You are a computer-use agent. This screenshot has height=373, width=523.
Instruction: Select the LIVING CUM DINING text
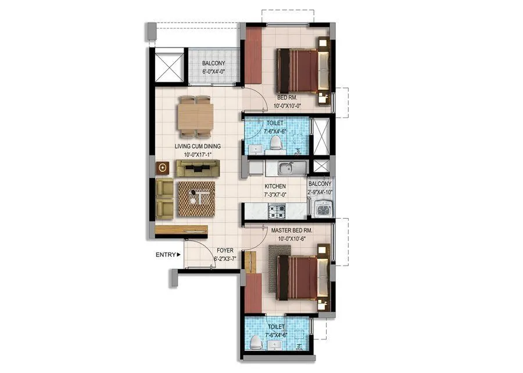198,147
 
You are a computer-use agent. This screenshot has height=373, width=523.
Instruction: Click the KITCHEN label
275,186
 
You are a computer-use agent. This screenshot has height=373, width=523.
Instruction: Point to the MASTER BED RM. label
292,230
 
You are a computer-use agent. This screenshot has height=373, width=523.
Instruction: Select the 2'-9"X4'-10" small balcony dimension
320,192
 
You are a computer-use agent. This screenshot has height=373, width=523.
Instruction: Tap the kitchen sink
286,169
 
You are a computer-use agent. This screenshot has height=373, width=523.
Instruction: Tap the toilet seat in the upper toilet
277,142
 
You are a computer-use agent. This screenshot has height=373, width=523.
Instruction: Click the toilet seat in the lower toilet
254,343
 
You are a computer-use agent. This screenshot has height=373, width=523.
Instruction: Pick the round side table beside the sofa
163,168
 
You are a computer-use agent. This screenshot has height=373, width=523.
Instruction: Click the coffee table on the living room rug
197,198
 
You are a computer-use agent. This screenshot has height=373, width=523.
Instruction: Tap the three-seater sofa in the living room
198,169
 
